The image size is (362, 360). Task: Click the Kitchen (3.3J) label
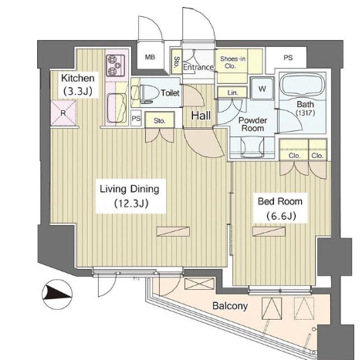click(x=78, y=85)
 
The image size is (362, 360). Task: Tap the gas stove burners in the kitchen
click(x=115, y=66)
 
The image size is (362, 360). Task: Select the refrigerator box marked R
click(x=63, y=113)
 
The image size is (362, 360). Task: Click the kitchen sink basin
click(x=117, y=107)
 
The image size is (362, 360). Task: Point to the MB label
click(x=150, y=57)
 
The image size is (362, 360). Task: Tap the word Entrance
click(x=198, y=67)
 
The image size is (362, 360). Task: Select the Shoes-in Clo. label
click(x=232, y=62)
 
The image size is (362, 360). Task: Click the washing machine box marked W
click(x=262, y=88)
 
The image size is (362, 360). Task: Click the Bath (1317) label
click(x=306, y=108)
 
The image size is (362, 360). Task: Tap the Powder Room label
click(x=252, y=124)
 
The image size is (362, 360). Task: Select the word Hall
click(x=201, y=116)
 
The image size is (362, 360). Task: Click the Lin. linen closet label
click(x=233, y=93)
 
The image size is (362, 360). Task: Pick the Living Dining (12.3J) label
click(x=130, y=196)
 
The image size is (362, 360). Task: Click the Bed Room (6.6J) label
click(x=280, y=208)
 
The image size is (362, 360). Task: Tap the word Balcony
click(x=230, y=306)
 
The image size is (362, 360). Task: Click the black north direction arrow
click(x=57, y=294)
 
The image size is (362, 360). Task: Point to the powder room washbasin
click(x=253, y=147)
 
